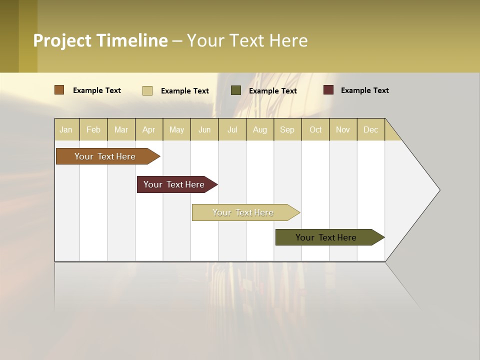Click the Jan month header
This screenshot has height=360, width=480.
[66, 129]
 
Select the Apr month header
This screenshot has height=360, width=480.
[149, 129]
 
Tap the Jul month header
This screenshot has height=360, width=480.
[232, 129]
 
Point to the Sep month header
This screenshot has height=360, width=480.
[287, 129]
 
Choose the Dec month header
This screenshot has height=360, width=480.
[370, 129]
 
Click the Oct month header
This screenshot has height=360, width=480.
[315, 129]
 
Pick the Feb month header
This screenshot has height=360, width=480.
[93, 129]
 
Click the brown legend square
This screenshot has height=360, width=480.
[59, 90]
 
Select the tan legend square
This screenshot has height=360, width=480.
[147, 90]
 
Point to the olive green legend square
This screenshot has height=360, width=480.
[236, 90]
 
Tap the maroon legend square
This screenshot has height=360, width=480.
[328, 90]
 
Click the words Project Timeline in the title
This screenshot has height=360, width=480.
[100, 40]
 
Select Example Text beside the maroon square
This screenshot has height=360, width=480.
[364, 90]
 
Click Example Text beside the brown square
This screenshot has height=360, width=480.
[97, 90]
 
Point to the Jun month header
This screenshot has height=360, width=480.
[204, 129]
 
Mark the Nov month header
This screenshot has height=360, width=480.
[343, 129]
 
